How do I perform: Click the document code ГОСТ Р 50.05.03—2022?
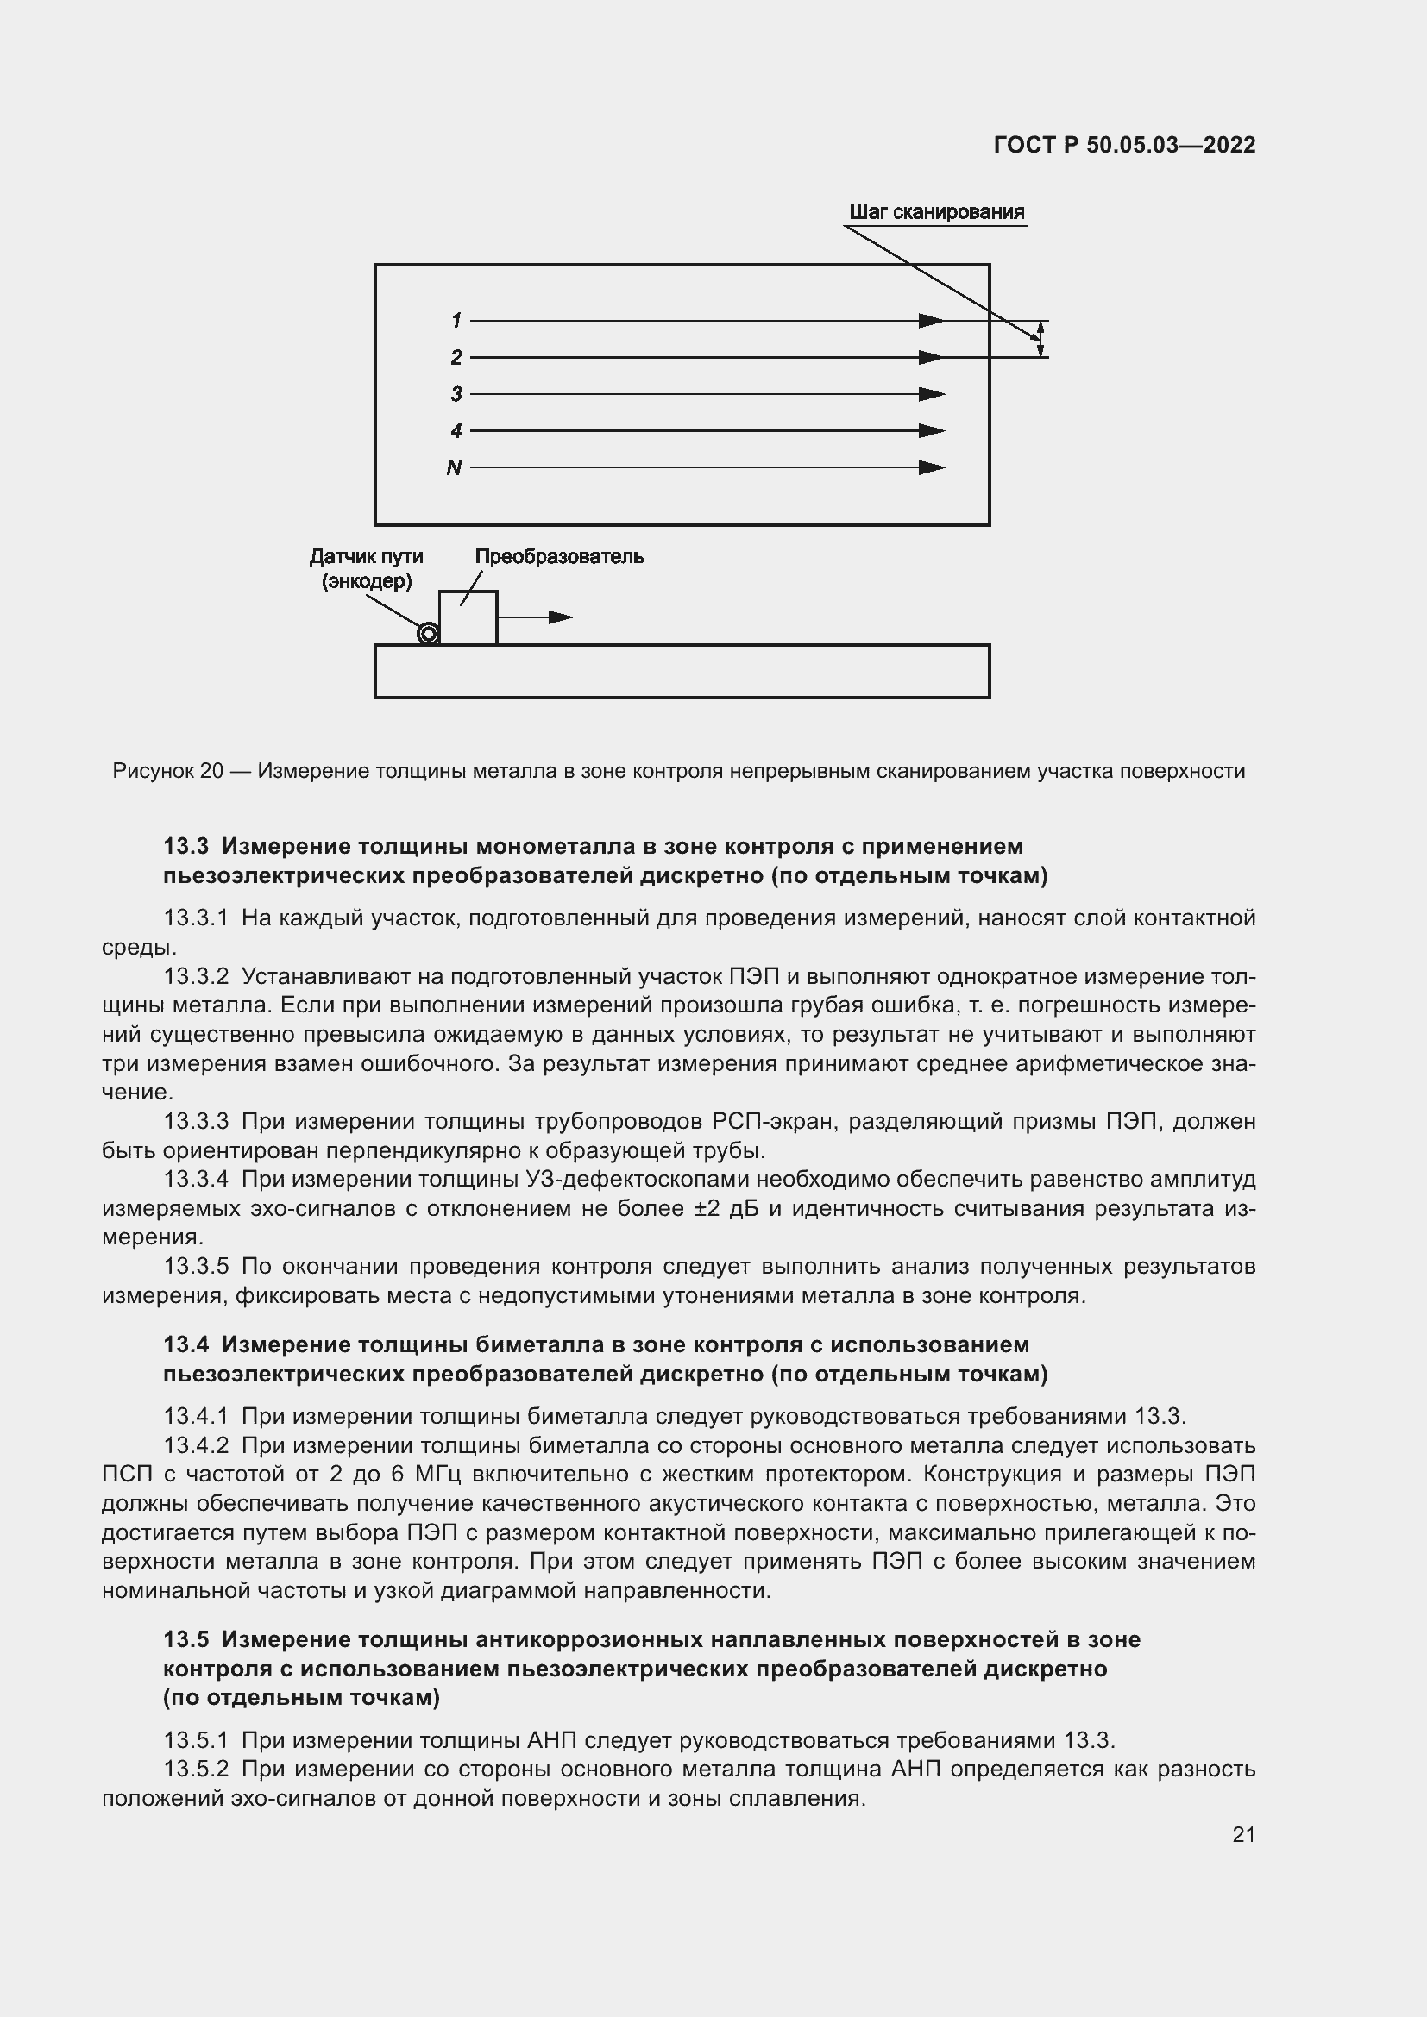(x=1124, y=145)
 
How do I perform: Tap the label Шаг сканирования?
(x=936, y=213)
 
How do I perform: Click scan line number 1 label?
(x=456, y=321)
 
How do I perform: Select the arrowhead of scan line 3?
(x=932, y=394)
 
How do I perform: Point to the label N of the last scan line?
(x=455, y=468)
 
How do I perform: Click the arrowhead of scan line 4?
(x=932, y=431)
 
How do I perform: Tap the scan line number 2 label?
(x=456, y=358)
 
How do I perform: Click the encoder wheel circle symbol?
(x=428, y=634)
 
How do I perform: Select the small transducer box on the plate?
(x=468, y=618)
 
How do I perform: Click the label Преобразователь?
(x=559, y=557)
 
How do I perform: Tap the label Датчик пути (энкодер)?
(x=367, y=568)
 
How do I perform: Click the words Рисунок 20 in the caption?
(x=168, y=771)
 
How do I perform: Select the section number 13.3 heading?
(x=185, y=846)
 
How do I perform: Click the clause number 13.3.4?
(x=196, y=1179)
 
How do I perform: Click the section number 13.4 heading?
(x=185, y=1345)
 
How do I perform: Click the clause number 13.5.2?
(x=196, y=1770)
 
